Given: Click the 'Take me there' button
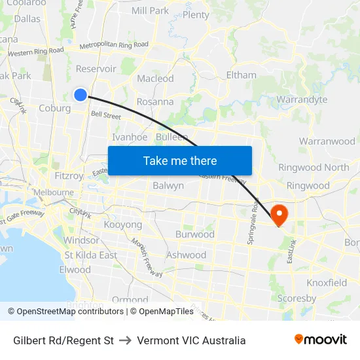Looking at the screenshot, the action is click(180, 160).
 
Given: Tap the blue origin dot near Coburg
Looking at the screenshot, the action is click(80, 95).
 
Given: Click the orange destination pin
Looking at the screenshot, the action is click(279, 215).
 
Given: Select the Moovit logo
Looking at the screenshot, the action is click(320, 340).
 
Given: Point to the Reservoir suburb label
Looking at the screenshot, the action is click(96, 69).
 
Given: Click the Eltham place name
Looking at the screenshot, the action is click(241, 75).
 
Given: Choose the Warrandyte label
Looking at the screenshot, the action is click(302, 99).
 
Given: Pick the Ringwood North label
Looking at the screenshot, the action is click(314, 167).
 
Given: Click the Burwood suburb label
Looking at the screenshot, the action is click(194, 234).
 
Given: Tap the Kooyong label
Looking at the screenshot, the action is click(123, 225).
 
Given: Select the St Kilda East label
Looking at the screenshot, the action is click(90, 255).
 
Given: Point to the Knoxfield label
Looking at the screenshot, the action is click(327, 283).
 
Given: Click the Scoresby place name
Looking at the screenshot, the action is click(297, 298).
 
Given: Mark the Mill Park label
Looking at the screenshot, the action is click(150, 10).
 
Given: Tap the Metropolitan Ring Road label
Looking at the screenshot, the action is click(114, 45).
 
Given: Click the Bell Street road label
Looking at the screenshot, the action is click(106, 115).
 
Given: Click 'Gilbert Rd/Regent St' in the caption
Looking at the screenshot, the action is click(63, 340).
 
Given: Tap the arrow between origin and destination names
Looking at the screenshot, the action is click(125, 340).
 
